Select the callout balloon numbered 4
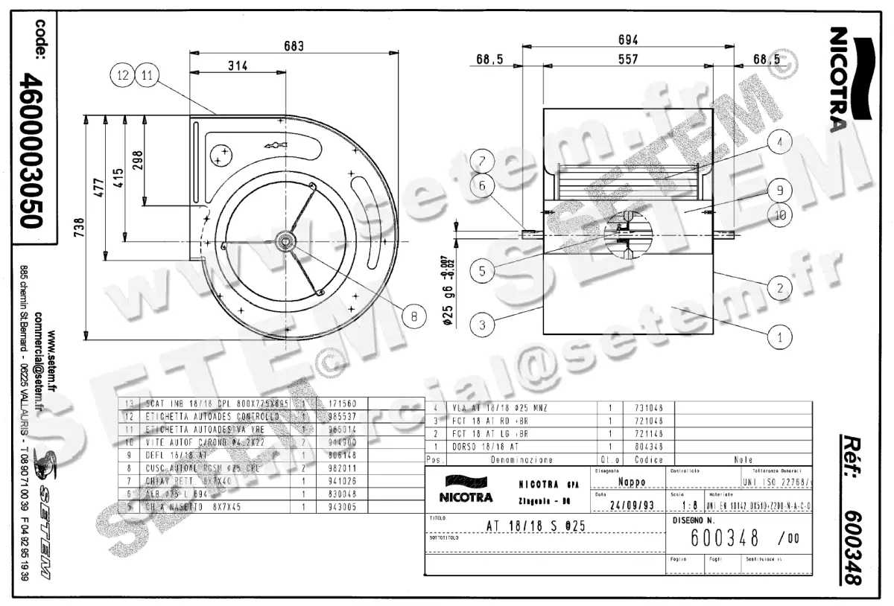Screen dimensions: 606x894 tap(779, 142)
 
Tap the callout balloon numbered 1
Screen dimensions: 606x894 tap(779, 337)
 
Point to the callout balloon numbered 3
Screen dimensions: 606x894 tap(482, 325)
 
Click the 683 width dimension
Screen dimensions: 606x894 tap(294, 46)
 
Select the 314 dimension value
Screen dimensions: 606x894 tap(237, 66)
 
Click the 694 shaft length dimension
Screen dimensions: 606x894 tap(628, 40)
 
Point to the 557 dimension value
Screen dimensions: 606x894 tap(628, 60)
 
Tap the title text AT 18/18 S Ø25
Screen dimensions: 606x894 tap(536, 525)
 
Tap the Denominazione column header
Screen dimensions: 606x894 tap(521, 459)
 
